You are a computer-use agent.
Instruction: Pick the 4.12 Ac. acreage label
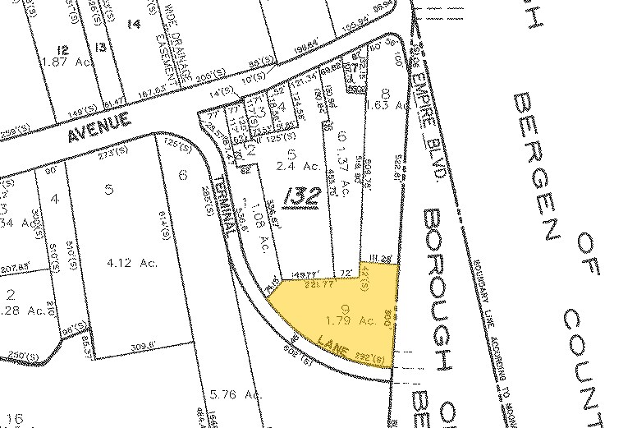(x=126, y=264)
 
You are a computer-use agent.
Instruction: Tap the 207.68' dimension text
(x=16, y=267)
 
